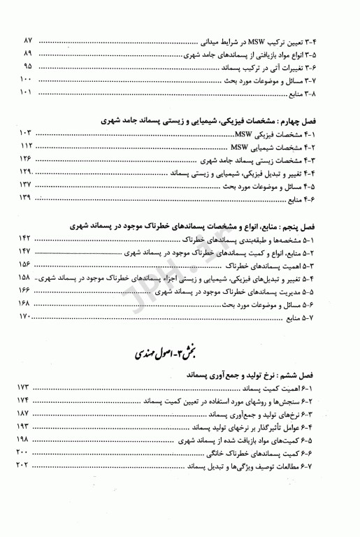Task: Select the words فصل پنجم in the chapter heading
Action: click(322, 227)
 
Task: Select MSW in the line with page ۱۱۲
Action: click(240, 145)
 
